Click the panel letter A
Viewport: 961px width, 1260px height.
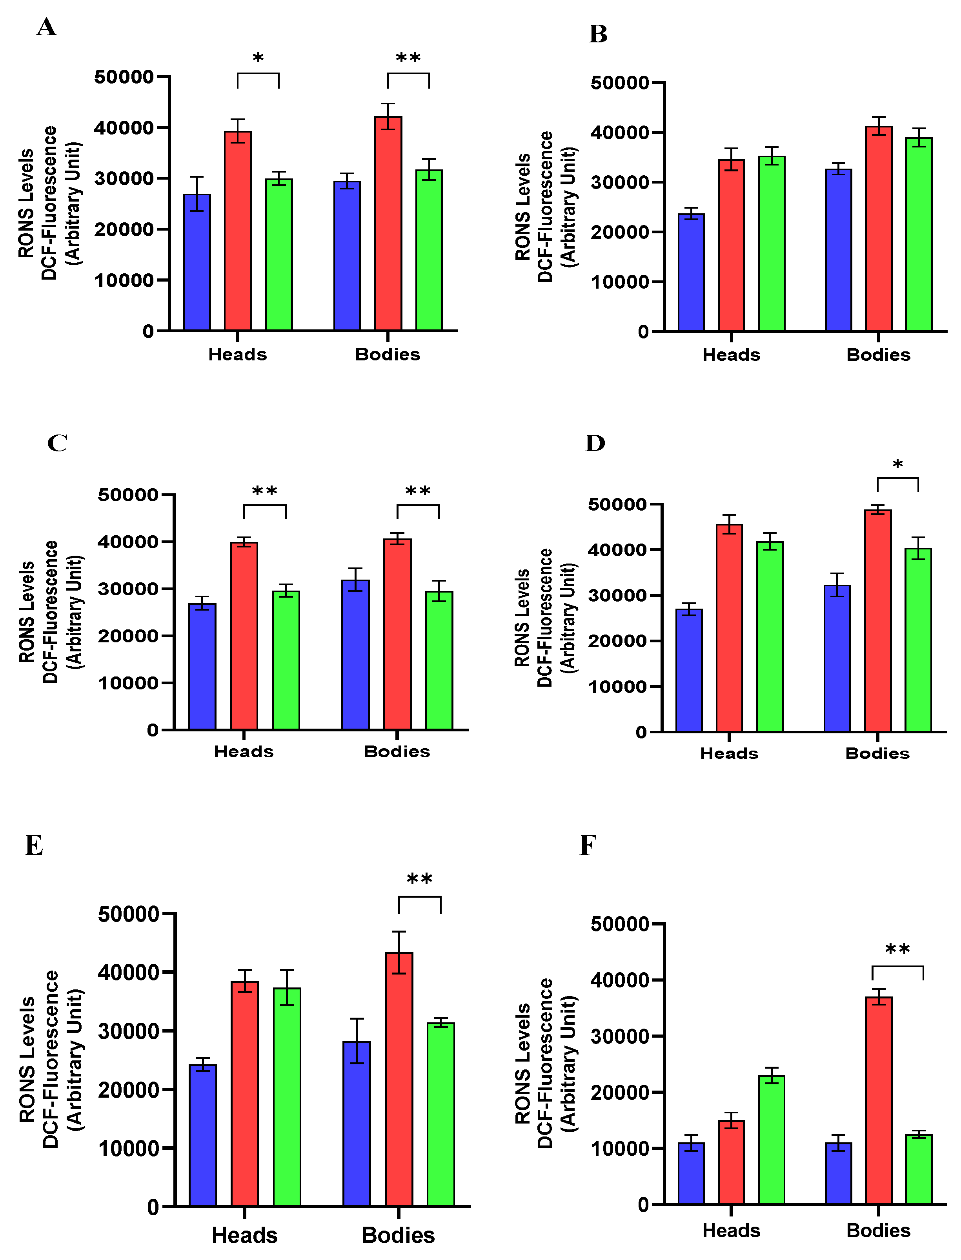click(46, 27)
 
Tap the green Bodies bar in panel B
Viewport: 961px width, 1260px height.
click(919, 235)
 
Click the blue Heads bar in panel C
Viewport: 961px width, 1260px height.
click(202, 666)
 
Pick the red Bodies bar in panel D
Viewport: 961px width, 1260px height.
click(877, 620)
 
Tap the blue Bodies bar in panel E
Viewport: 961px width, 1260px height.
click(357, 1124)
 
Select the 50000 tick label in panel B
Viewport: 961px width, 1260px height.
click(619, 83)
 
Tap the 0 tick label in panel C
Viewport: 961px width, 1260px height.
click(152, 730)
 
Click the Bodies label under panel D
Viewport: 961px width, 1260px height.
click(877, 753)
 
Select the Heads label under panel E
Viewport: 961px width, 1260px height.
click(244, 1235)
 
